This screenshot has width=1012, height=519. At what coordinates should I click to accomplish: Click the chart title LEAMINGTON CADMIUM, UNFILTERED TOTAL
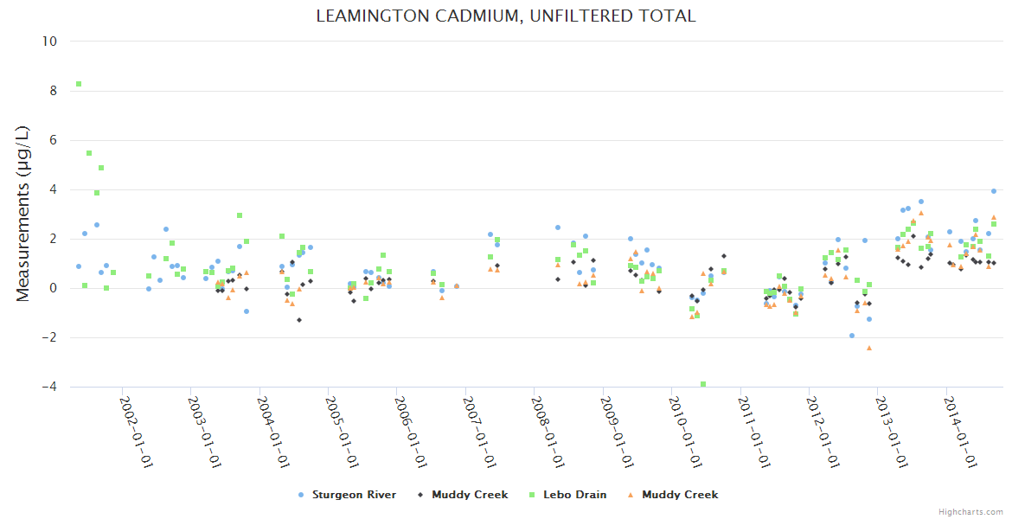506,16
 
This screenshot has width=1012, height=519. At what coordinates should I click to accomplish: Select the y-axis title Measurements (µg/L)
23,214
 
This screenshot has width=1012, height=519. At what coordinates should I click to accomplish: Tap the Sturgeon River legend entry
353,495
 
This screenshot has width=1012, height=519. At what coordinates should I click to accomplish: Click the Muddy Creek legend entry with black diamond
469,495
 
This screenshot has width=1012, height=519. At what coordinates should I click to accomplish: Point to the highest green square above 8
79,84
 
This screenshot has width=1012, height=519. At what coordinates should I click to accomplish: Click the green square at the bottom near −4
703,384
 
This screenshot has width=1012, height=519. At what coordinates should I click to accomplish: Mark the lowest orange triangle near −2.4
869,348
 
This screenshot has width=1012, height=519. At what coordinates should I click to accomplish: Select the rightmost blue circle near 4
994,191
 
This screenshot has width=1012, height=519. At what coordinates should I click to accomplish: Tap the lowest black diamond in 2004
299,320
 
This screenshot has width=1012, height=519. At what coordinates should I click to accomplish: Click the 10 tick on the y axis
50,42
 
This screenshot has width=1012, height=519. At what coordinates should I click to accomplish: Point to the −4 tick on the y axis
48,387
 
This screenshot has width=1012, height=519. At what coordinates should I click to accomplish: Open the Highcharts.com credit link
971,511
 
